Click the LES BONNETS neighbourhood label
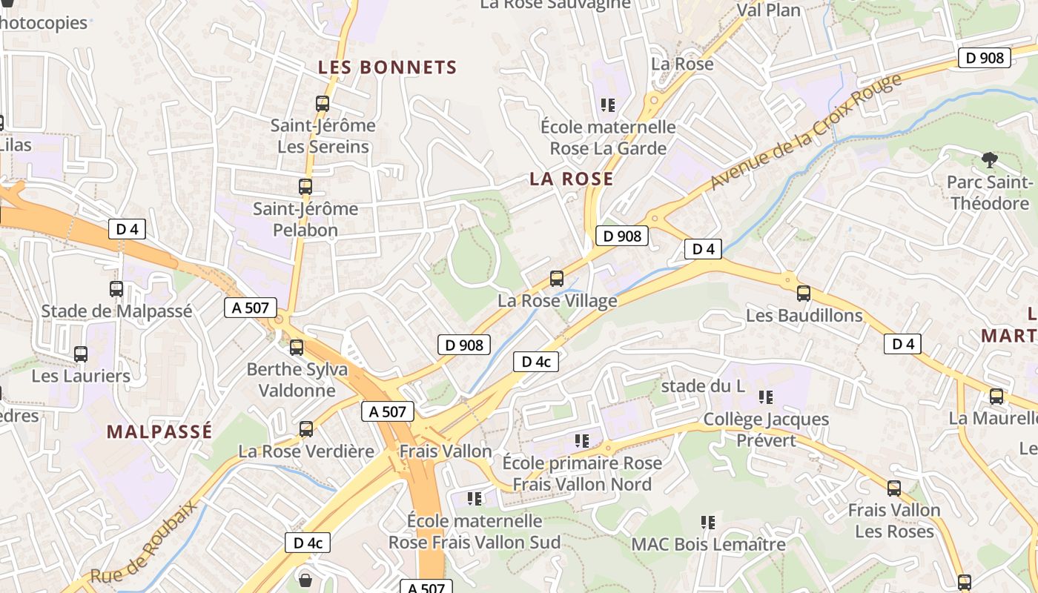(x=388, y=67)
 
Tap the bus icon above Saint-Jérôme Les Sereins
(x=323, y=104)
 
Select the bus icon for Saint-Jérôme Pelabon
(x=305, y=187)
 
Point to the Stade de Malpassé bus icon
(x=116, y=289)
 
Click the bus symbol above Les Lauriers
(x=81, y=354)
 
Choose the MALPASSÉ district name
(x=159, y=431)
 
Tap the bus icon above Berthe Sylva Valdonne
(x=297, y=347)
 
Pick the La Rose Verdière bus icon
(x=306, y=429)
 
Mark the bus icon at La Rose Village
(x=557, y=279)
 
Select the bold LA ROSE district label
(x=572, y=179)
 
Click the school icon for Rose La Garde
(x=608, y=105)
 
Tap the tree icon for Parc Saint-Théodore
(x=989, y=159)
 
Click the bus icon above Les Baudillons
(x=804, y=294)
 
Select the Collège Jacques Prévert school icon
(x=766, y=397)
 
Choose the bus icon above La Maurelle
(x=996, y=397)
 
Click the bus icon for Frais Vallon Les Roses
(x=894, y=488)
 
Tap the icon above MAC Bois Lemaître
(x=708, y=523)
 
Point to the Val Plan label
(x=769, y=10)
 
